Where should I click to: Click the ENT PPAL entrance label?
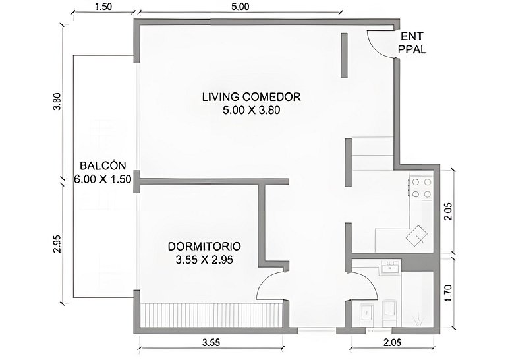click(412, 43)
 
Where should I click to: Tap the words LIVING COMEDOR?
click(252, 97)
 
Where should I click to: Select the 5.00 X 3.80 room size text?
click(252, 110)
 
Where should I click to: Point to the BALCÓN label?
click(103, 165)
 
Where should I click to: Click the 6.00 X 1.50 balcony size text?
click(103, 179)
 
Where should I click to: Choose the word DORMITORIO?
click(204, 247)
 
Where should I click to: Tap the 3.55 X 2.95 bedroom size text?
click(204, 260)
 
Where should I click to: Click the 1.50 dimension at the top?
click(103, 7)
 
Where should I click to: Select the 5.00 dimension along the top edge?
click(240, 7)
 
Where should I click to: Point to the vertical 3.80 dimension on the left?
click(57, 102)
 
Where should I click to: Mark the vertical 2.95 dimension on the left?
click(57, 243)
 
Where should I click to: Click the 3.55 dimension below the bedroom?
click(211, 343)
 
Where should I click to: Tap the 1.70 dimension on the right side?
click(447, 293)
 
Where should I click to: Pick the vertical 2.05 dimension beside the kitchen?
click(447, 211)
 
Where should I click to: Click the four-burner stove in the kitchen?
click(422, 188)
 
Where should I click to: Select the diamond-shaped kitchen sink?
click(417, 236)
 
